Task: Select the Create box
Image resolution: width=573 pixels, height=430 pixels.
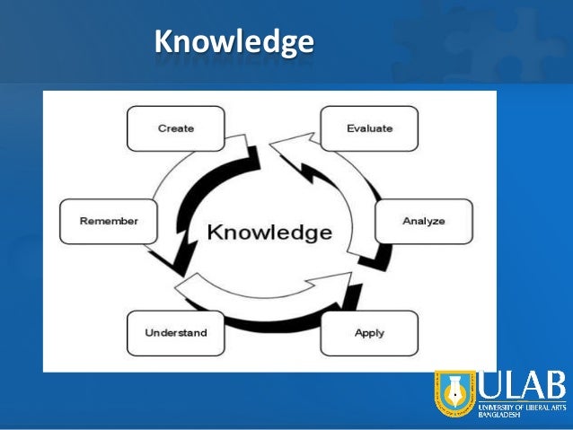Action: click(x=175, y=128)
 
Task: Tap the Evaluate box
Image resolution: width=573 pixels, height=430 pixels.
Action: click(x=369, y=128)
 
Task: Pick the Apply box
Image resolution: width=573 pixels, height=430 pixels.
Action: click(x=369, y=333)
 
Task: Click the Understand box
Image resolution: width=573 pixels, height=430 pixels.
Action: click(x=175, y=333)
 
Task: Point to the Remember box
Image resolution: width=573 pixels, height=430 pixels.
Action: click(x=108, y=221)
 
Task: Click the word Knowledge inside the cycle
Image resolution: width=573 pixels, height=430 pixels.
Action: click(x=269, y=233)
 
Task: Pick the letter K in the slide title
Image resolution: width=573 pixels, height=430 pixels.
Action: click(x=163, y=41)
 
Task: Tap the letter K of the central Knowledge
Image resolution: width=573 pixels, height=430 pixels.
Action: click(x=216, y=233)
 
